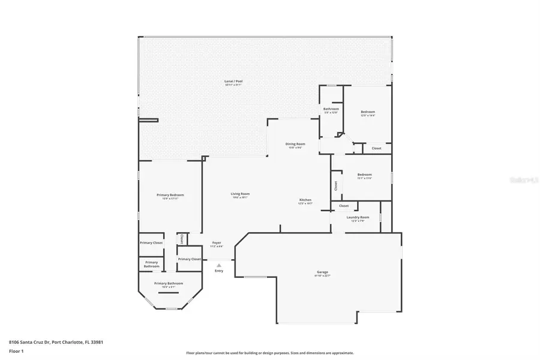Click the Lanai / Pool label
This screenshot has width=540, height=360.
point(234,81)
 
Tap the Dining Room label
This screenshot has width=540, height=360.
point(295,144)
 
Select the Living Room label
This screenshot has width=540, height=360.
point(240,194)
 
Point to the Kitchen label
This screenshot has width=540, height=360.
point(305,200)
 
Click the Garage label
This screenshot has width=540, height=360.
point(322,272)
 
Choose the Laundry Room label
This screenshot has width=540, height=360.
point(356,217)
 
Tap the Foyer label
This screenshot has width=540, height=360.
point(217,243)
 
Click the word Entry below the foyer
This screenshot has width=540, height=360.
point(218,271)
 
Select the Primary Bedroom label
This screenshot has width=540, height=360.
point(170,195)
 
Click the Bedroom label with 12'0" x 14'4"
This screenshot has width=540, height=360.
point(368,112)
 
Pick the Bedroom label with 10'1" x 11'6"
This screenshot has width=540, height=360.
point(365,175)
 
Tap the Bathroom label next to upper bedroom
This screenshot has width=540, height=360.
point(331,109)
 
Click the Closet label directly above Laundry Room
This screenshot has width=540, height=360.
point(344,206)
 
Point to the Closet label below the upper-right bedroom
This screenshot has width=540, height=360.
point(376,148)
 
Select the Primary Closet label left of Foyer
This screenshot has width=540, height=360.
point(189,259)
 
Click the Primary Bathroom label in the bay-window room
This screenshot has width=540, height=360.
point(169,283)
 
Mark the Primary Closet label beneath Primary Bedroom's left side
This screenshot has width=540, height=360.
point(151,243)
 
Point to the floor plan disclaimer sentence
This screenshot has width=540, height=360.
point(270,353)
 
